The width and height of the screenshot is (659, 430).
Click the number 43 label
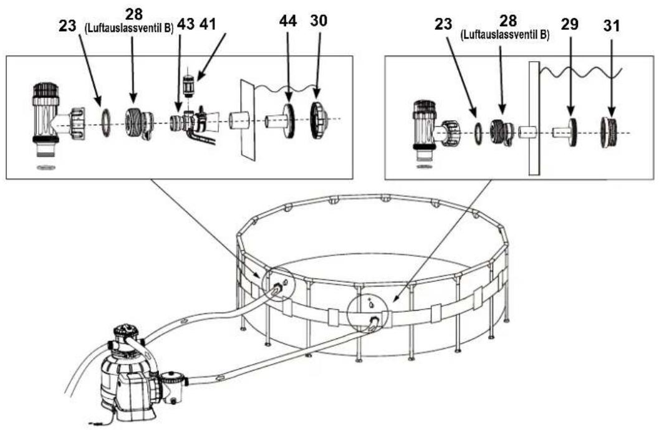click(186, 24)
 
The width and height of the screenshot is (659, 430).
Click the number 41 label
click(208, 24)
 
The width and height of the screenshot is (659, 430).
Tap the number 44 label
click(288, 21)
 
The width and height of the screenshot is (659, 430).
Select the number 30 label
click(318, 21)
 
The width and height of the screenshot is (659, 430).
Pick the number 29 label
click(569, 24)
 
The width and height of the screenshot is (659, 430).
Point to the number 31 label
click(612, 26)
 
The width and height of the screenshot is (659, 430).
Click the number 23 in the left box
click(68, 26)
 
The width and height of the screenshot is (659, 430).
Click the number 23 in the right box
click(443, 24)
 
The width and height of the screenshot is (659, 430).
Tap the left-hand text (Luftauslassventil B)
click(129, 29)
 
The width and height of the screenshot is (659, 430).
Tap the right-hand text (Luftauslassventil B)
click(505, 36)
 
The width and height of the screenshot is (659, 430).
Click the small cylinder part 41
click(189, 85)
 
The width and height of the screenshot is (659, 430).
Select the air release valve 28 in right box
click(501, 132)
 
